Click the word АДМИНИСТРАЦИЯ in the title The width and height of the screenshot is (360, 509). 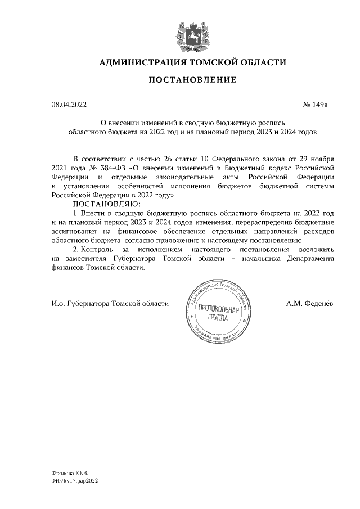(x=139, y=62)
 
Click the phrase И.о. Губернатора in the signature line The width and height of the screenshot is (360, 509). (x=79, y=303)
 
